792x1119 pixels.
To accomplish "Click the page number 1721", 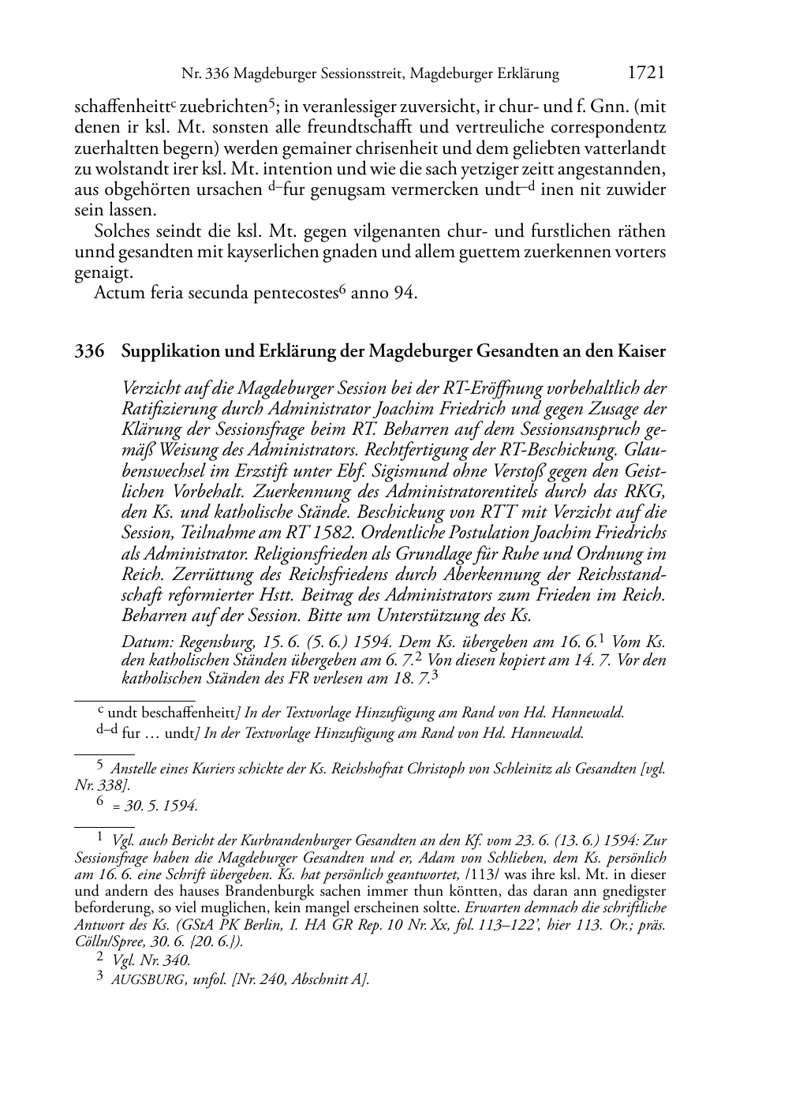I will click(646, 73).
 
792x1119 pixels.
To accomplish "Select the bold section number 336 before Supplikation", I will click(89, 352).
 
